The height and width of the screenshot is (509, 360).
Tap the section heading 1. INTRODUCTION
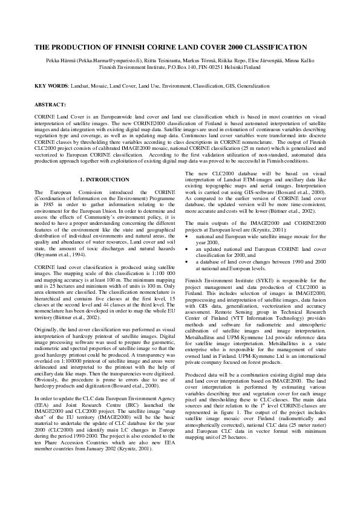[x=105, y=180]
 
